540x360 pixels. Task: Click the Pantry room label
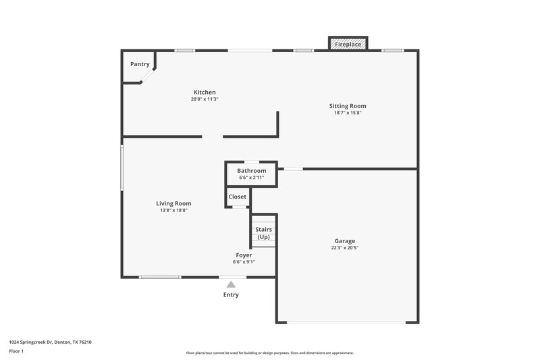coord(140,64)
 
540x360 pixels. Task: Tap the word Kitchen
coord(205,92)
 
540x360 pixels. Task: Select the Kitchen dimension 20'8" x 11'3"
coord(205,99)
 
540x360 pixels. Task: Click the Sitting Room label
coord(348,106)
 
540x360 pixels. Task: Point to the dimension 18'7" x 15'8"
coord(348,113)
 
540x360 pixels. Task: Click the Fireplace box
coord(348,44)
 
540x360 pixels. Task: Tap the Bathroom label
coord(251,171)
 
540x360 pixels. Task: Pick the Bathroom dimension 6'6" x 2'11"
coord(251,178)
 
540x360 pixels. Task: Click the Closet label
coord(238,197)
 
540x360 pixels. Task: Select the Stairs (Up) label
coord(263,233)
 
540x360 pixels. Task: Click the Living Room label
coord(173,203)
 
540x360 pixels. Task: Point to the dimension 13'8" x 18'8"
coord(173,211)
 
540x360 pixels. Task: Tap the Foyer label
coord(244,255)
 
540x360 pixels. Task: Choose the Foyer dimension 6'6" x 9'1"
coord(244,262)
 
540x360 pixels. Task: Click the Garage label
coord(344,240)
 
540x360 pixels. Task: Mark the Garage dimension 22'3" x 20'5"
coord(344,248)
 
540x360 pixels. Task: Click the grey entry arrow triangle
coord(231,284)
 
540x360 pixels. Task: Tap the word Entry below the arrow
coord(231,294)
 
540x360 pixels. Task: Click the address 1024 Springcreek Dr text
coord(51,342)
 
